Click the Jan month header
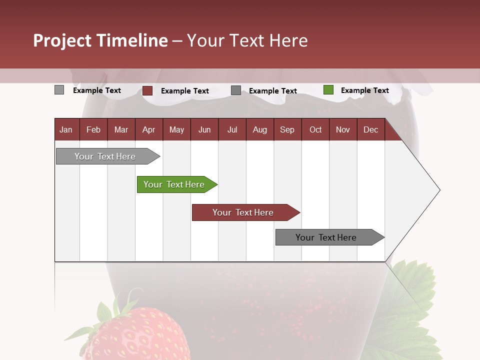point(66,129)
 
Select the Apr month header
point(149,129)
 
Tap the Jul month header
point(232,129)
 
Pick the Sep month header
point(287,129)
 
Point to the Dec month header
point(371,129)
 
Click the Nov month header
point(343,129)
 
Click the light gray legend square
point(59,90)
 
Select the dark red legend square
point(147,90)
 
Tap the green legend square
point(328,90)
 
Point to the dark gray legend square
point(236,90)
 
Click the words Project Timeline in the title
point(100,40)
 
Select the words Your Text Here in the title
point(247,40)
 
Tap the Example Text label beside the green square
point(364,90)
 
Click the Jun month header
point(204,129)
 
